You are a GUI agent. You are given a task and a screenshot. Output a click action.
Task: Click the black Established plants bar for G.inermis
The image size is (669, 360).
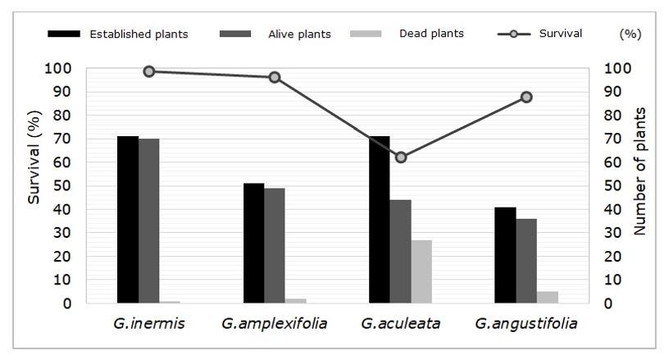[128, 220]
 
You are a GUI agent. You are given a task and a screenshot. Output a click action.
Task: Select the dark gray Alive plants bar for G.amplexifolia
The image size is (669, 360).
[275, 245]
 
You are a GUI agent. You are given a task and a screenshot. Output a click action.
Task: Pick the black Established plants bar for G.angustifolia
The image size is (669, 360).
[506, 255]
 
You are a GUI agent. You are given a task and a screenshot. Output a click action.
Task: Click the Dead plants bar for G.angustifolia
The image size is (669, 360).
[548, 297]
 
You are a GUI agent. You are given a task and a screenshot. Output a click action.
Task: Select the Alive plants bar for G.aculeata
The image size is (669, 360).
[400, 251]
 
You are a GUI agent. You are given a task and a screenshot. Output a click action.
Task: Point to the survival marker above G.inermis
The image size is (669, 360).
[149, 71]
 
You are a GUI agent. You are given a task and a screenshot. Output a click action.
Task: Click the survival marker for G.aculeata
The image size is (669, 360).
[401, 157]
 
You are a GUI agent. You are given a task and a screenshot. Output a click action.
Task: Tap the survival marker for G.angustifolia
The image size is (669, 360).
[526, 97]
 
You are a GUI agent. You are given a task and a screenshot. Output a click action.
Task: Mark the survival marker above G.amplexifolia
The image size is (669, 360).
[275, 77]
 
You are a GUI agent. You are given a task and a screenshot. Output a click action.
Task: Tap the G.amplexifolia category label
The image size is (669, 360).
[275, 323]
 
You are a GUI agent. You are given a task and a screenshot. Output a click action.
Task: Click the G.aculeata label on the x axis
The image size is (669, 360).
[401, 323]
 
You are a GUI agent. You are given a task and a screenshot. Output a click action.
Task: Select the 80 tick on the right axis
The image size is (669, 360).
[612, 115]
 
